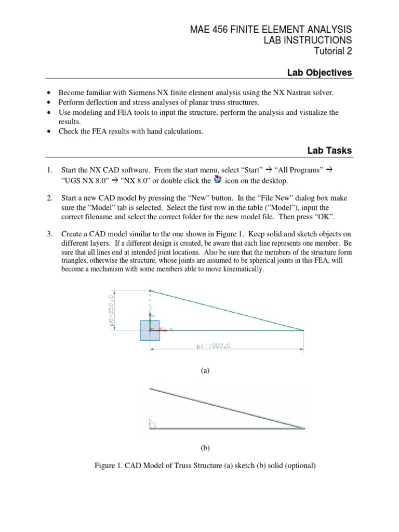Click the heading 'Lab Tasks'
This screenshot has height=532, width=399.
click(x=329, y=150)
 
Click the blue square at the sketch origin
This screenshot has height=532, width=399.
click(x=150, y=330)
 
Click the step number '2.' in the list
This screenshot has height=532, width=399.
click(x=50, y=198)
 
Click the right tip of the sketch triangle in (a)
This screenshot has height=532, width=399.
click(x=303, y=330)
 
